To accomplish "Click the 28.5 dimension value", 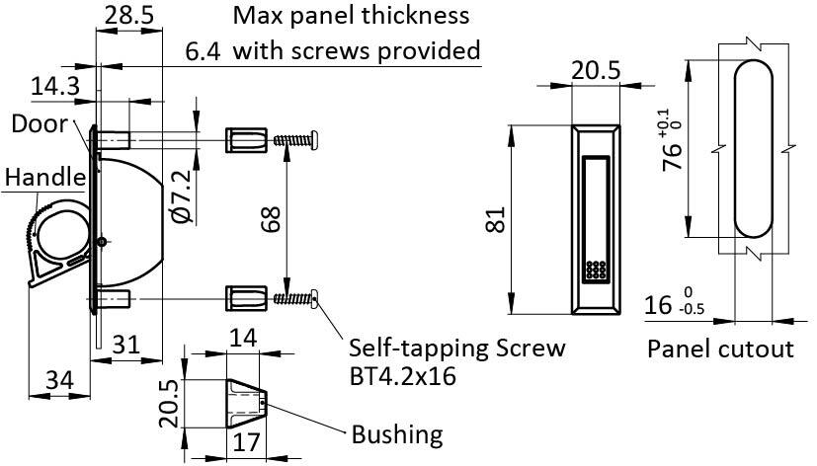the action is point(129,15).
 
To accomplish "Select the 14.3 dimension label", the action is point(55,86).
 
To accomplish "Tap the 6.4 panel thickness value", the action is point(203,52).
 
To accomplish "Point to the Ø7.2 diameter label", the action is point(183,196).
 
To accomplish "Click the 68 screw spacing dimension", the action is point(271,218).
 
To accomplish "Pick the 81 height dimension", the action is point(496,220).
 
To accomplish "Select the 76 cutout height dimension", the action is point(672,140).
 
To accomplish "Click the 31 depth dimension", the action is point(126,345).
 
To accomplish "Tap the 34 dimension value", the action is point(60,380).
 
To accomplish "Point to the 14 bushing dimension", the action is point(243,338).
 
